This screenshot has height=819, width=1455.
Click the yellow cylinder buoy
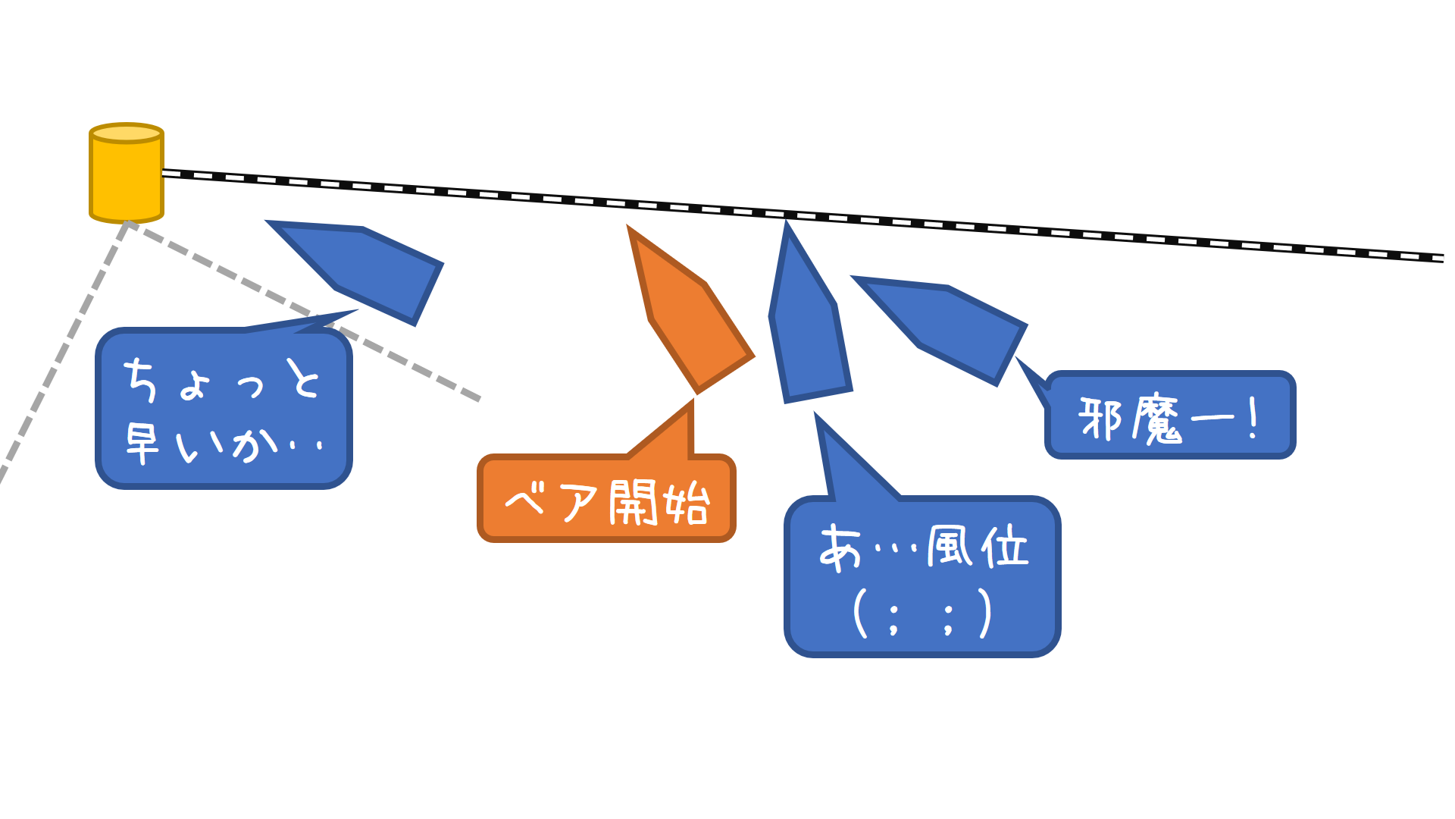(x=127, y=178)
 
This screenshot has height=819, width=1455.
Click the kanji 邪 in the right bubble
(x=1100, y=418)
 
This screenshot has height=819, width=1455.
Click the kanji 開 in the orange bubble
(x=634, y=502)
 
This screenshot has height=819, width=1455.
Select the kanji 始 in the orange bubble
(x=686, y=502)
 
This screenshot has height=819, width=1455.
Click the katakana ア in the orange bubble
(x=580, y=502)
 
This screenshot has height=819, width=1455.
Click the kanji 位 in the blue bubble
(x=1005, y=546)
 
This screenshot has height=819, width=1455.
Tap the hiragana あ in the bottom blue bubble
(x=841, y=548)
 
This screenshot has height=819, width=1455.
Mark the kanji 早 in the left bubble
(x=142, y=443)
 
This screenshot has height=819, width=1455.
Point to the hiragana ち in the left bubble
(x=141, y=379)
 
